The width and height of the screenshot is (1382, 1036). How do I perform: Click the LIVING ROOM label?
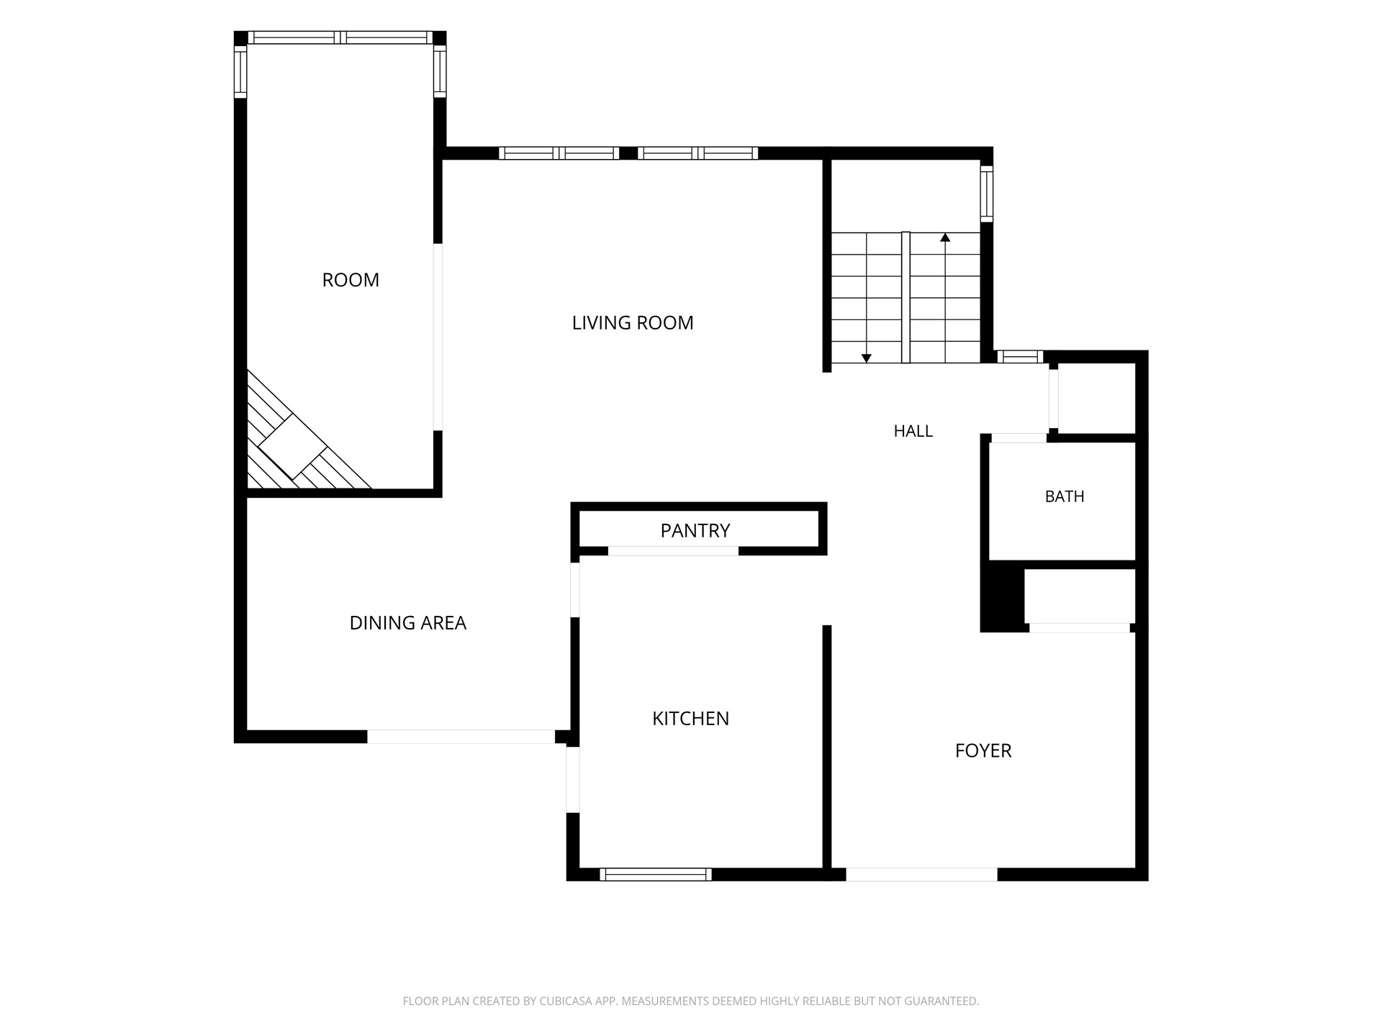(633, 323)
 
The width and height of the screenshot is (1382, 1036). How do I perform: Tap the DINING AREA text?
(407, 623)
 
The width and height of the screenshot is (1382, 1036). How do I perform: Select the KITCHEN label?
(690, 719)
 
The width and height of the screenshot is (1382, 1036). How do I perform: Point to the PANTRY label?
(695, 531)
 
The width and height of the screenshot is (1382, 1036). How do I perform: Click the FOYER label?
(983, 751)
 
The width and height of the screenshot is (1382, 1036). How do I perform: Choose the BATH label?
(1065, 496)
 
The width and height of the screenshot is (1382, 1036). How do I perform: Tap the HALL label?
(913, 431)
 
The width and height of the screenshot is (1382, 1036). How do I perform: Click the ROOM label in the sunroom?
(351, 280)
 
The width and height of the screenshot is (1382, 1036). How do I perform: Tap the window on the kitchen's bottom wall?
(656, 875)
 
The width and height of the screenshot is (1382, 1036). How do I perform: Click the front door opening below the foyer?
(921, 875)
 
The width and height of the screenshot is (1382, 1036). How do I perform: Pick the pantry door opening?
(673, 551)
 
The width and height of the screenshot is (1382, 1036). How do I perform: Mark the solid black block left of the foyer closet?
(1003, 600)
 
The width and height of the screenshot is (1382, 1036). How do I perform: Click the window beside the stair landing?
(987, 194)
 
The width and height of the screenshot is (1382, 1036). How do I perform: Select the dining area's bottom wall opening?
(461, 737)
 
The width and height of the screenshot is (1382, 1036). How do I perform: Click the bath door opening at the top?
(1019, 438)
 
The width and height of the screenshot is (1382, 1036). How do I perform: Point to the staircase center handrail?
(906, 297)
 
